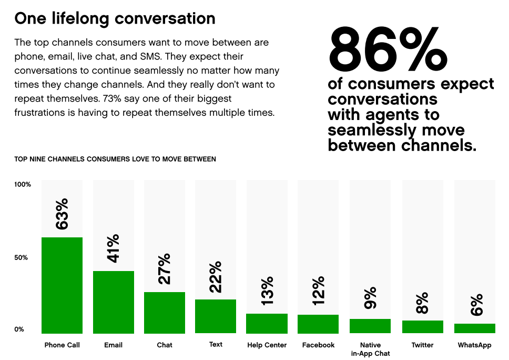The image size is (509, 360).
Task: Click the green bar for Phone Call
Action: coord(62,285)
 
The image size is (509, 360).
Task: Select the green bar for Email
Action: coord(114,302)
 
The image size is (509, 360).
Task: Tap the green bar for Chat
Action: coord(165,313)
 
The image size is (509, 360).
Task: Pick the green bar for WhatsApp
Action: coord(475,328)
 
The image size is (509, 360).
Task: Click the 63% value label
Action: coord(62,214)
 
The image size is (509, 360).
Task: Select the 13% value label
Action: coord(267,291)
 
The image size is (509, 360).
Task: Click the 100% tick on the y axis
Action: coord(23,185)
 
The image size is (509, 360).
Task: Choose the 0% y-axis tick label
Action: coord(19,329)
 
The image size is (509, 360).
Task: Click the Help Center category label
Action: coord(267,345)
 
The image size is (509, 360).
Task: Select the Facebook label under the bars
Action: coord(319,345)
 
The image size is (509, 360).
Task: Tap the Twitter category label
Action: coord(423,345)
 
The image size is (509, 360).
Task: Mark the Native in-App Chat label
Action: coord(370,349)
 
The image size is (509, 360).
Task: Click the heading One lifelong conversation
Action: coord(115,19)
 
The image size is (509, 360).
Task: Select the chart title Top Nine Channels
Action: coord(115,159)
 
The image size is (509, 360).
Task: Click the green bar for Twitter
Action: coord(423,327)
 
